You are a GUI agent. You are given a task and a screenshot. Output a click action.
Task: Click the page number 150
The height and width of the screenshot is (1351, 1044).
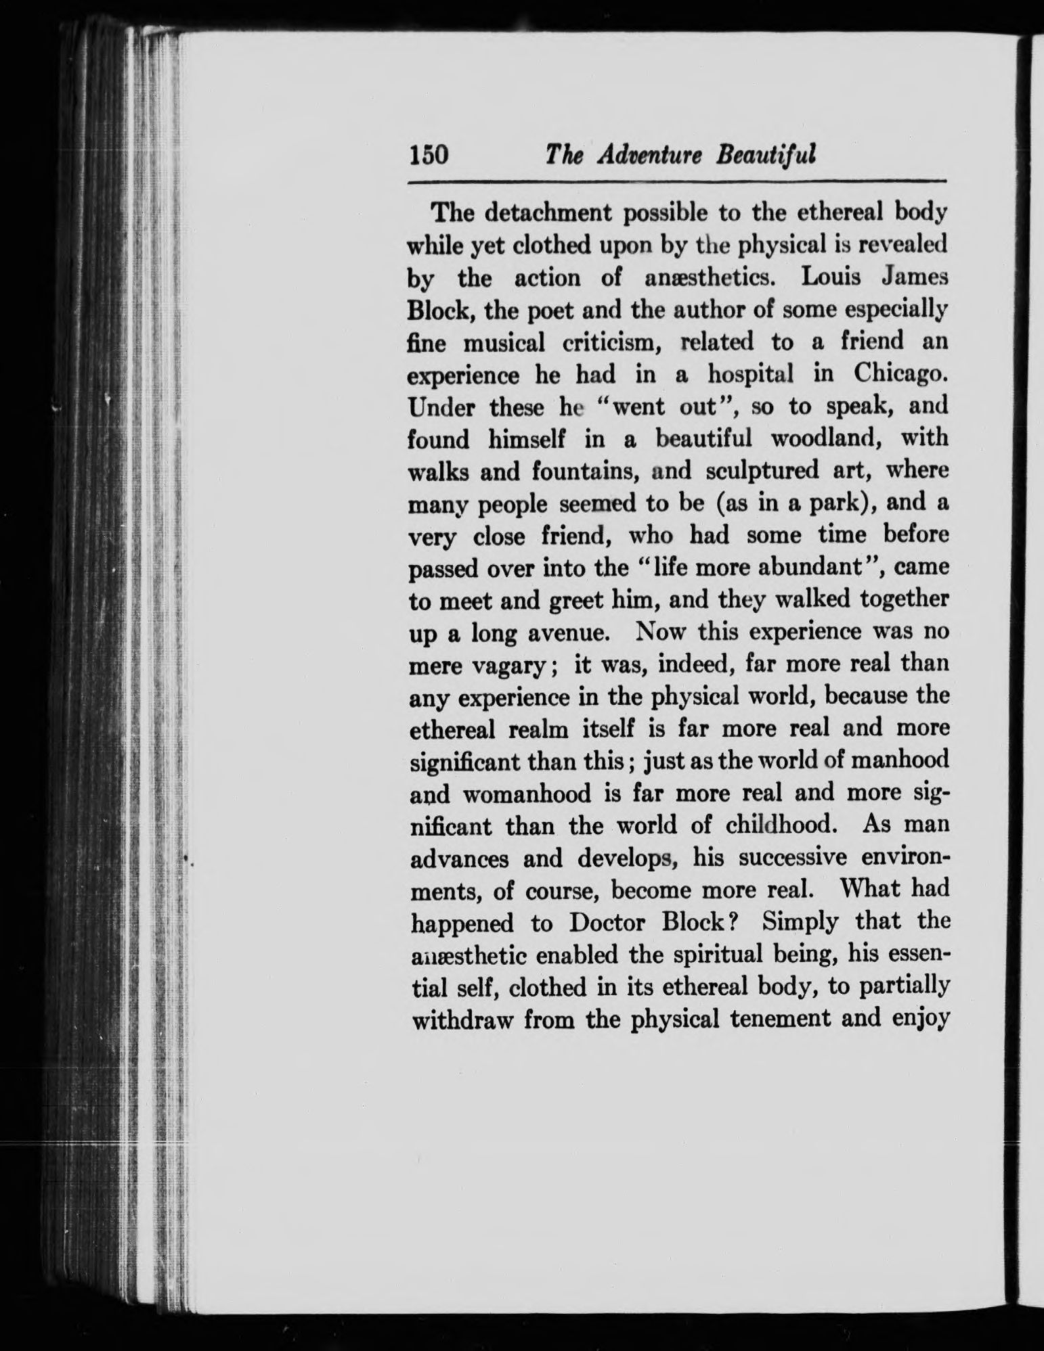coord(429,156)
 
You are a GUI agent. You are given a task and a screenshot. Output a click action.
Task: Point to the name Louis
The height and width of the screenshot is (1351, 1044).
coord(820,277)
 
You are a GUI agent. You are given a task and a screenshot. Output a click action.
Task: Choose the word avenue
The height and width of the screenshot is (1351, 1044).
coord(563,634)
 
